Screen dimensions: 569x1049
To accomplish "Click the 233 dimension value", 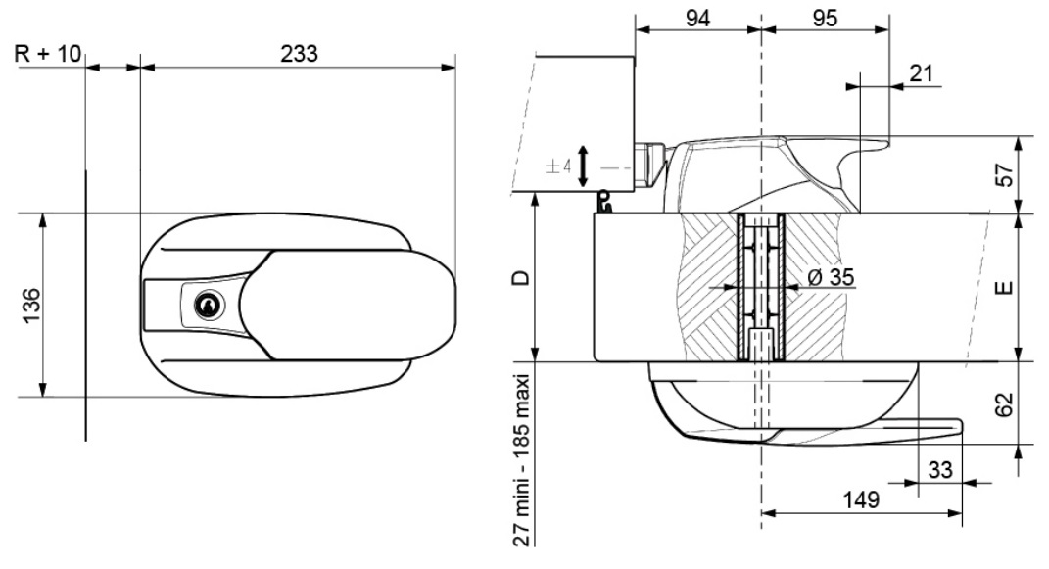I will point(299,55).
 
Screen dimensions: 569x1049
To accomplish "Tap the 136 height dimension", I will point(30,307).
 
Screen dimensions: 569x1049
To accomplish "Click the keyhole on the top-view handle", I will point(208,306).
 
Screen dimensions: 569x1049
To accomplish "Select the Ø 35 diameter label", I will point(828,277).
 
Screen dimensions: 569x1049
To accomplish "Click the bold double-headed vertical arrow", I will point(583,166).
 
